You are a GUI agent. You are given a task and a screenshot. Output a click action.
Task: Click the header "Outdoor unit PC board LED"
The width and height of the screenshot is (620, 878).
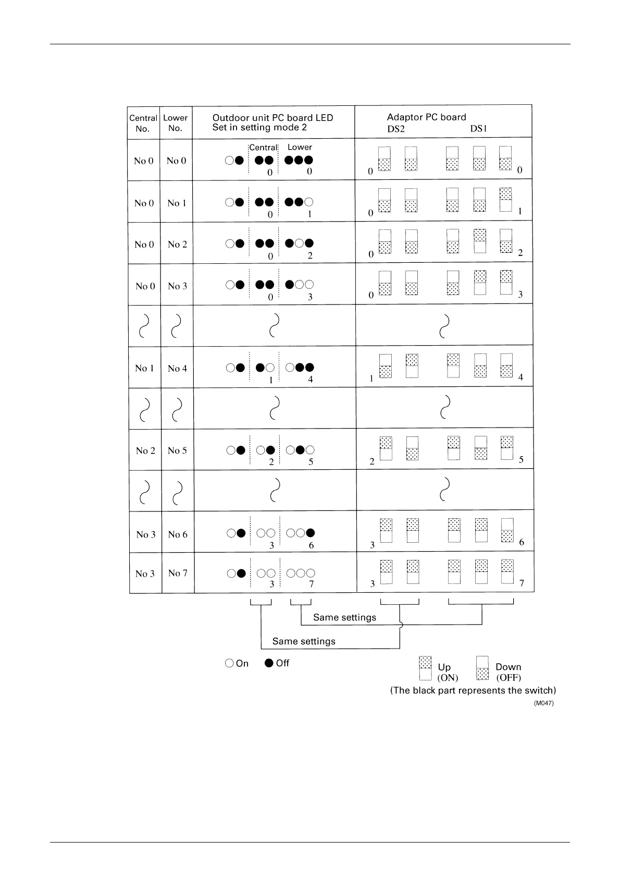[x=272, y=118]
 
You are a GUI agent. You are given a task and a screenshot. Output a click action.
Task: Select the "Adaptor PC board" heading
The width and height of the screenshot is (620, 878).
[x=426, y=117]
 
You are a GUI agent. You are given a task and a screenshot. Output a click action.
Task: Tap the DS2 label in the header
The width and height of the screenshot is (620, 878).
[x=396, y=129]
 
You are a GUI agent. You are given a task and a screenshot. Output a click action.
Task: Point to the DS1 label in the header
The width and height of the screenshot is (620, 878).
[x=478, y=129]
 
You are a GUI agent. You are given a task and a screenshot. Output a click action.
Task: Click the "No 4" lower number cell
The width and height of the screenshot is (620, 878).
[x=177, y=369]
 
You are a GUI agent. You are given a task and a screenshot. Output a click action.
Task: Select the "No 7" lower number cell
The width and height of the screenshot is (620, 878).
[x=178, y=573]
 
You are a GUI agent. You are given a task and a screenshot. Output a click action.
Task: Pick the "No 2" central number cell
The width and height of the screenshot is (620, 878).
[x=145, y=450]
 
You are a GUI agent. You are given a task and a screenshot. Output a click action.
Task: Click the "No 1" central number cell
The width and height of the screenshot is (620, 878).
[x=144, y=368]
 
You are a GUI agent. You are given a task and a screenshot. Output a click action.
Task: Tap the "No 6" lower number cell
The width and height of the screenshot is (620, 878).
[x=178, y=534]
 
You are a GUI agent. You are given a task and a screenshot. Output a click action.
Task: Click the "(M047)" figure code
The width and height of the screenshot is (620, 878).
[x=543, y=703]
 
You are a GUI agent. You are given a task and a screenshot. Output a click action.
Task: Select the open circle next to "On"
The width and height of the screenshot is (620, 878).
[x=229, y=663]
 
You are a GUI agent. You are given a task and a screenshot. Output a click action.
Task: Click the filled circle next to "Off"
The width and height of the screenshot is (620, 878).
[x=269, y=663]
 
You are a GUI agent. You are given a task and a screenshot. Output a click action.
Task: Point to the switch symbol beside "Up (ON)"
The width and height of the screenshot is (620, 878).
[x=425, y=668]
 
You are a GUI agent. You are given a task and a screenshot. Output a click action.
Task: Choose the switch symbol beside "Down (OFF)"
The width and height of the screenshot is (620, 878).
[x=482, y=668]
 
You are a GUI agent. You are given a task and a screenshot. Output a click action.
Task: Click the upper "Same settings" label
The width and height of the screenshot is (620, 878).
[x=344, y=617]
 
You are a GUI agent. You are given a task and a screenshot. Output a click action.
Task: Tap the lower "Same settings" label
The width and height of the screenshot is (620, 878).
[x=304, y=641]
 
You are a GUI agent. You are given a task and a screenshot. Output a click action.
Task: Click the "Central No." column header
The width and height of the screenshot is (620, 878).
[x=143, y=123]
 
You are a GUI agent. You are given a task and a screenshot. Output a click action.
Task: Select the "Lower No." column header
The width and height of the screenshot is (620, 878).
[x=175, y=123]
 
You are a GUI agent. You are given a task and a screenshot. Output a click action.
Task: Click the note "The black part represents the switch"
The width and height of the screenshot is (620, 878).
[x=473, y=690]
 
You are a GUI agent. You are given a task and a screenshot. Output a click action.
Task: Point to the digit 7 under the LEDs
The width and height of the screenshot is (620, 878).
[x=312, y=584]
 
